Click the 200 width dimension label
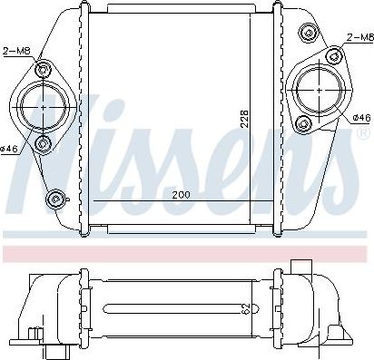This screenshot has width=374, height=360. tap(182, 195)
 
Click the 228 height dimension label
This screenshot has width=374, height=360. tap(246, 118)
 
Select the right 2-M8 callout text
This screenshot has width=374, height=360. tap(359, 37)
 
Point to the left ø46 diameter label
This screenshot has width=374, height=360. tap(10, 149)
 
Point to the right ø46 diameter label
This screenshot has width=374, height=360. tap(361, 118)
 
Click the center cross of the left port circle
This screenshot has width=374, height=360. tap(44, 107)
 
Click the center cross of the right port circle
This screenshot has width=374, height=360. tap(320, 90)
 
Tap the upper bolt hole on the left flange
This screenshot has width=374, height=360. tap(43, 70)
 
